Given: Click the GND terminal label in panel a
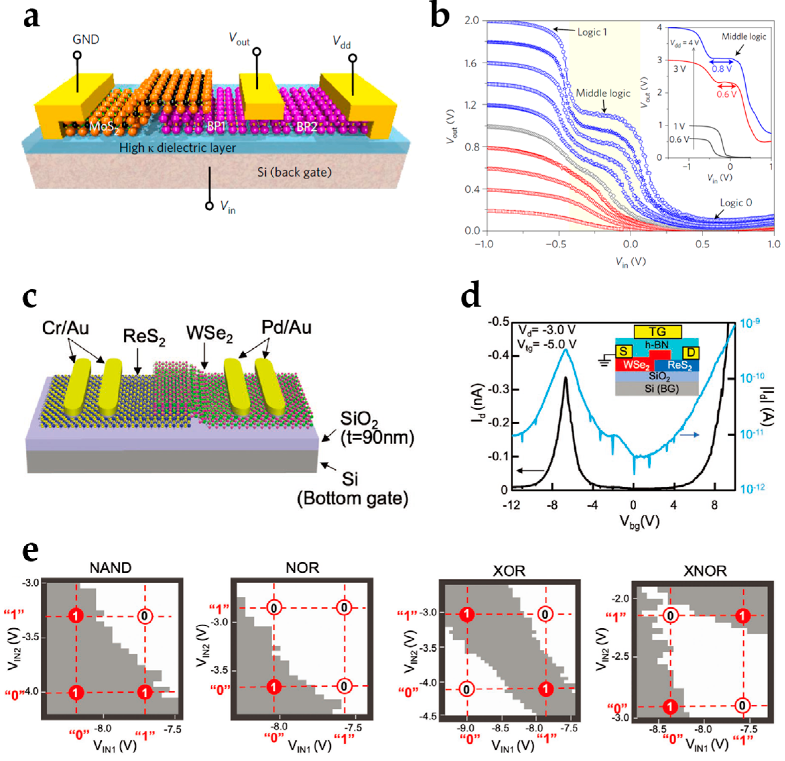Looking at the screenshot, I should click(x=86, y=40).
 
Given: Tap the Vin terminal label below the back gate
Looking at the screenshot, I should click(x=228, y=207).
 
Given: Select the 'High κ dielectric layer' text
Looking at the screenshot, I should click(x=177, y=148).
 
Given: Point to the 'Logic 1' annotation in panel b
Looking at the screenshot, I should click(x=592, y=32).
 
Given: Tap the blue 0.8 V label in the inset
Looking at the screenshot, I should click(x=722, y=69).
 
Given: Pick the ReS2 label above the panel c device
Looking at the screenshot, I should click(x=144, y=336).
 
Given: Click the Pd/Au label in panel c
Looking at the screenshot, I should click(x=286, y=327).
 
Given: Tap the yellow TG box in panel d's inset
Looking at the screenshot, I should click(x=658, y=331).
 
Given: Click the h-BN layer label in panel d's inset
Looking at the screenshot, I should click(x=656, y=344).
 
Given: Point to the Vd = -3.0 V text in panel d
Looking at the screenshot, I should click(x=547, y=330).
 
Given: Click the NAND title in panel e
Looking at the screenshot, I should click(x=110, y=568).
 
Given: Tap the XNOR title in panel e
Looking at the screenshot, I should click(x=704, y=571).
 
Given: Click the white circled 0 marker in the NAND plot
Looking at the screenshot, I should click(x=145, y=616).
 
